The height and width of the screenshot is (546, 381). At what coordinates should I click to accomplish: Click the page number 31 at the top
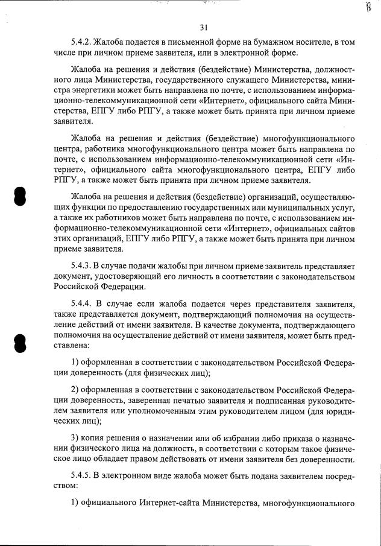[x=203, y=27]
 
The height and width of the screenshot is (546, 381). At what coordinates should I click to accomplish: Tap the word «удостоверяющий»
[x=98, y=276]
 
